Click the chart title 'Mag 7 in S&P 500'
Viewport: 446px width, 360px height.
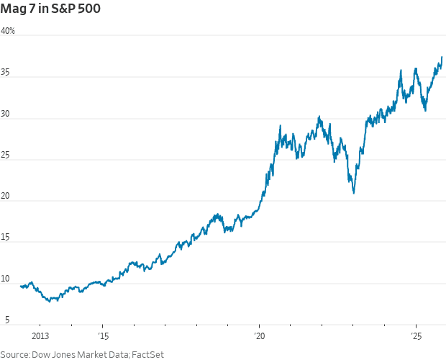point(50,10)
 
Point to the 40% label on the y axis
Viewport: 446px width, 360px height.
point(8,31)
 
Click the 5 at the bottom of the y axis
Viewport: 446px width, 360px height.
point(6,320)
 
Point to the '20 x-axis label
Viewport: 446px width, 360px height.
point(259,336)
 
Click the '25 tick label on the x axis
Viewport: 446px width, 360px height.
point(417,336)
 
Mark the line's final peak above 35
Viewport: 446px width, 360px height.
point(442,57)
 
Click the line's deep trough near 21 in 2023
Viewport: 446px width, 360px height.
point(353,193)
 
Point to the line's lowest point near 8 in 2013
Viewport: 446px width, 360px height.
point(49,301)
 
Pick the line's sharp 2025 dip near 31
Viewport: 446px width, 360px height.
point(426,110)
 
